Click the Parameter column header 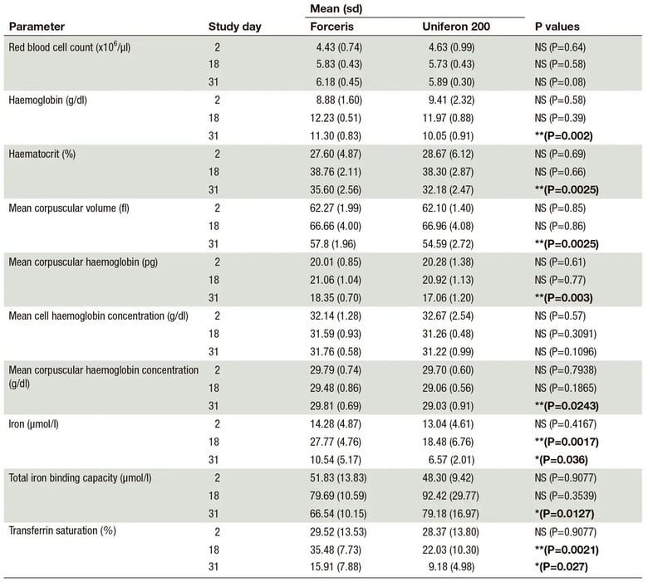click(37, 27)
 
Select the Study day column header click(235, 27)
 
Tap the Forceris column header click(331, 27)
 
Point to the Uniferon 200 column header click(456, 27)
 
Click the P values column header click(557, 27)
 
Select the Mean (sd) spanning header click(336, 8)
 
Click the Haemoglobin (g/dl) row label click(48, 100)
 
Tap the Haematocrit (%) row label click(42, 154)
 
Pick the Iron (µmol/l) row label click(33, 424)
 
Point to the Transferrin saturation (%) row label click(62, 531)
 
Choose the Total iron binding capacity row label click(81, 478)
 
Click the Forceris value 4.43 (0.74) click(339, 47)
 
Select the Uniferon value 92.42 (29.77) click(450, 496)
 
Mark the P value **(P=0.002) click(564, 136)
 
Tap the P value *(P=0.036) click(562, 460)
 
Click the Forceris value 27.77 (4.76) click(336, 442)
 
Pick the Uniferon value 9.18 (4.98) click(451, 567)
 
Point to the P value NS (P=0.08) click(560, 82)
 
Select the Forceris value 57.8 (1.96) click(332, 244)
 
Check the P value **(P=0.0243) click(567, 406)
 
